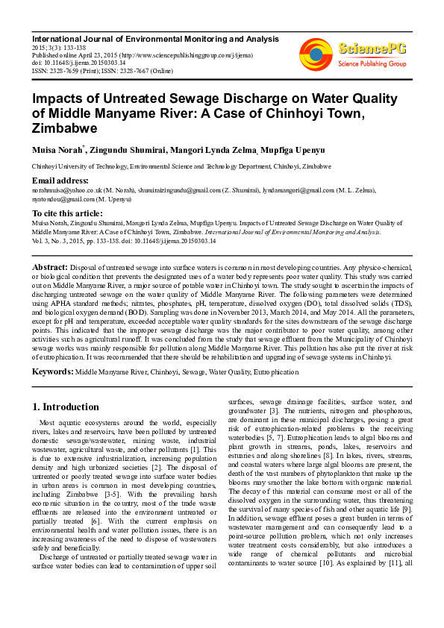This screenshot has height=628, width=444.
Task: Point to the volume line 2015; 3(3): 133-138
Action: coord(60,46)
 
